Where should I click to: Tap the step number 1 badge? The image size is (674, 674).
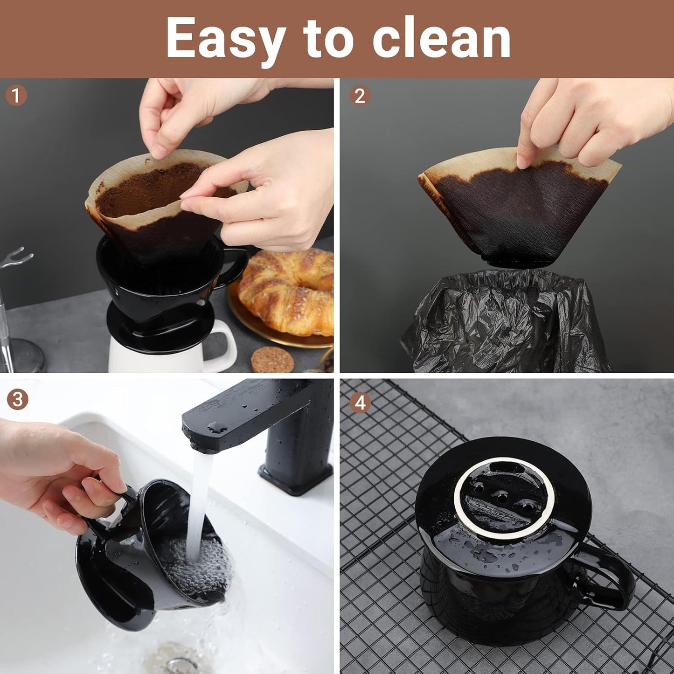point(16,96)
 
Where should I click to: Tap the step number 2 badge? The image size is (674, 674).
point(360,96)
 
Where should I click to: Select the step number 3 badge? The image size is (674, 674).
point(17,400)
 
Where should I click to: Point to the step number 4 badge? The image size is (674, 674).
point(360,403)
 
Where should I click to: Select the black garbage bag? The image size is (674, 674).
point(504,322)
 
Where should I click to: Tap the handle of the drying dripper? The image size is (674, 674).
point(611,578)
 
